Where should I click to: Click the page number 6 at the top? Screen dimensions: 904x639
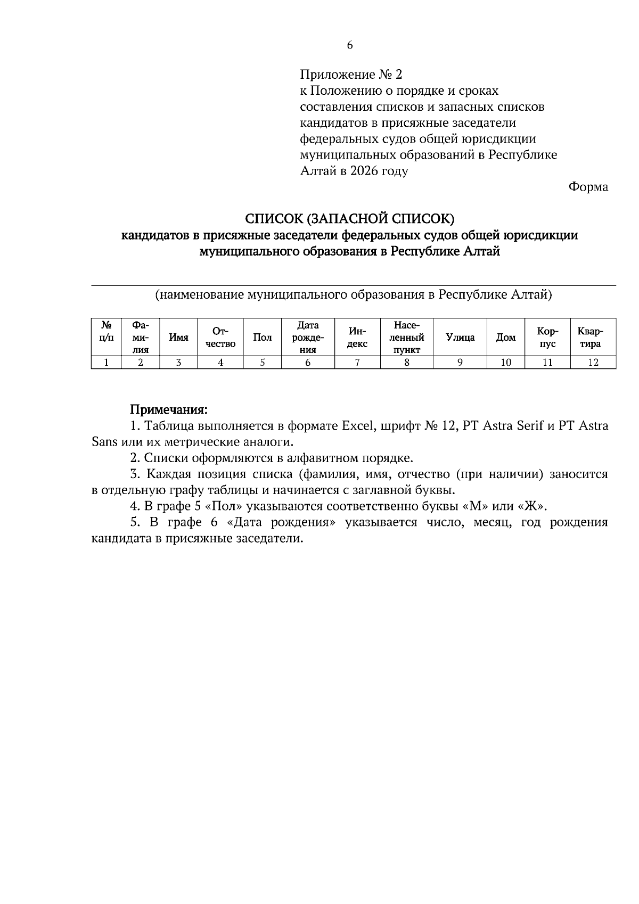[x=350, y=46]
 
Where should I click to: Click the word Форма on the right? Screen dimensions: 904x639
[x=588, y=187]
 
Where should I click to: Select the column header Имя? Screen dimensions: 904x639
[x=178, y=337]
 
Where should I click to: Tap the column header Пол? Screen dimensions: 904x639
[x=262, y=337]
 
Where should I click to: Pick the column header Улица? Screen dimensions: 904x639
[x=460, y=337]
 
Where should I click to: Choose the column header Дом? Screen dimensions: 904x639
[x=505, y=337]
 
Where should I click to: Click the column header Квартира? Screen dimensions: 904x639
[x=593, y=337]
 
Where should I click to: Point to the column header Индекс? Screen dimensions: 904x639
[x=357, y=337]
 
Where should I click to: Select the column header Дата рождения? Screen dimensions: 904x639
[x=307, y=337]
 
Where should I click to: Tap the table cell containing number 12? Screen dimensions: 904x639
[x=593, y=363]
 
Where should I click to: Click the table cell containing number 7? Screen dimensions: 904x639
[x=357, y=363]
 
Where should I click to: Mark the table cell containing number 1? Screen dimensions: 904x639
[x=106, y=363]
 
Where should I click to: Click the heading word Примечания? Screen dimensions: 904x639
[x=169, y=410]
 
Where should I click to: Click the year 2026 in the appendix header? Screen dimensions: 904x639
[x=365, y=171]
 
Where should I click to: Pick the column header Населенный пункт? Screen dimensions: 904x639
[x=406, y=337]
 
